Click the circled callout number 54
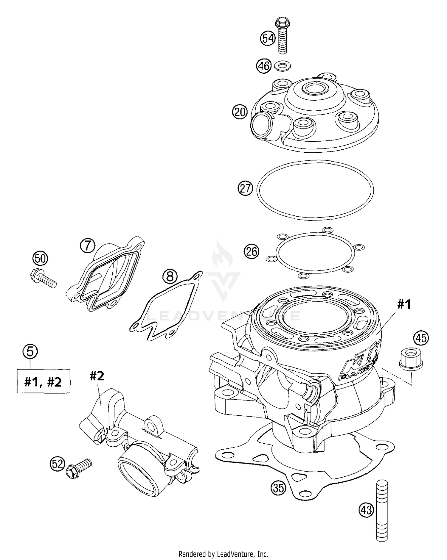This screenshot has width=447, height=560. [x=268, y=39]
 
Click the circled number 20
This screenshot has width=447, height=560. [x=240, y=112]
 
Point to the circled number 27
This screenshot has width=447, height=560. [x=245, y=189]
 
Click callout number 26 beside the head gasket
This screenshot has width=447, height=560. [x=252, y=252]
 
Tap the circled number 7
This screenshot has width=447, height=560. [x=87, y=246]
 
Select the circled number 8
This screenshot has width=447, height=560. [x=170, y=277]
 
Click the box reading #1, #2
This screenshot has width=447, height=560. [x=44, y=381]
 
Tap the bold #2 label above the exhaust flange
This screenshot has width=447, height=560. [x=97, y=376]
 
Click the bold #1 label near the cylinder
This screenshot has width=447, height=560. [x=404, y=304]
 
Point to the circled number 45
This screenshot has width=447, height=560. [x=421, y=338]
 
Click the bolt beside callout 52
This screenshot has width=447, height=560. [x=79, y=468]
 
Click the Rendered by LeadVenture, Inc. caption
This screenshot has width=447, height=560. [x=223, y=554]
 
